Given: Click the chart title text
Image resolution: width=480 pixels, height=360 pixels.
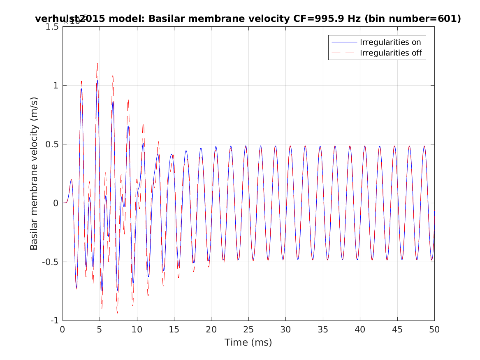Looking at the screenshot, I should (x=248, y=19).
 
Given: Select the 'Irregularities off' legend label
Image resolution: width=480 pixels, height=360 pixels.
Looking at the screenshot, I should (x=391, y=53).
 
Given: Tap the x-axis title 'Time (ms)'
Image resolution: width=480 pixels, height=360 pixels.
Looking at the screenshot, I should (x=248, y=342).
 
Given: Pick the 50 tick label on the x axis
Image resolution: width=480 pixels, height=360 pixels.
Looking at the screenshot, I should (x=434, y=330).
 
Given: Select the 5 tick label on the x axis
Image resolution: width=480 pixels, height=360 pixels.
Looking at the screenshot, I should (x=100, y=330).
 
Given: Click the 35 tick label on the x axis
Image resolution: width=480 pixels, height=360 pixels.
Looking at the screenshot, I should (x=323, y=330).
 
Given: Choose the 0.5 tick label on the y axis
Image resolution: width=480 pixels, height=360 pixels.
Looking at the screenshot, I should (x=53, y=144).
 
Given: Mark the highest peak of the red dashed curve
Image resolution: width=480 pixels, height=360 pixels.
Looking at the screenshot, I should (x=97, y=63).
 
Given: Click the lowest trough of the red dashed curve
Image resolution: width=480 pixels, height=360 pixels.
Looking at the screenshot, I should (x=117, y=313).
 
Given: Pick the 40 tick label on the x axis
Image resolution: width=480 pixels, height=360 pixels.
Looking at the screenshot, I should (x=360, y=330).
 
